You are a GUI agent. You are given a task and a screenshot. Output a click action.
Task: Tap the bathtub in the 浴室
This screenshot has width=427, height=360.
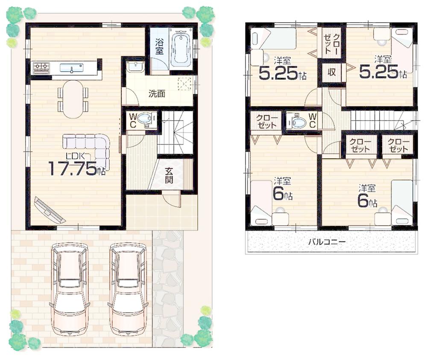coord(181,48)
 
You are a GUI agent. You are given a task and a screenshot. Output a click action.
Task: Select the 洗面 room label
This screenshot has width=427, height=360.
coord(157,94)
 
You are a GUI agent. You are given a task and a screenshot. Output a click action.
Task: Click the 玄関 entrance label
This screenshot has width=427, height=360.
coord(169,174)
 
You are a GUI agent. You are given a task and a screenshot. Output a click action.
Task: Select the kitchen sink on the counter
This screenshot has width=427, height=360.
coord(71,68)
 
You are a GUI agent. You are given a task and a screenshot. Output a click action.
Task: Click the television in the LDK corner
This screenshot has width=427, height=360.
coord(50,210)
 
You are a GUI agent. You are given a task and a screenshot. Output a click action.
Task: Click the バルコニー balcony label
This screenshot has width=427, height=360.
coord(327,242)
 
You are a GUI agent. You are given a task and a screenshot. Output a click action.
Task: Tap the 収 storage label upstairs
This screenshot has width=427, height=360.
coord(331,73)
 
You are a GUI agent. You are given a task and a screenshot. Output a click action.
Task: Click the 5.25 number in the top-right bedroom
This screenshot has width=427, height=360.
coord(378,72)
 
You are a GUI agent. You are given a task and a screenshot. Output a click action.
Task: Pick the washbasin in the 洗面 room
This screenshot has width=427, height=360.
coord(135,67)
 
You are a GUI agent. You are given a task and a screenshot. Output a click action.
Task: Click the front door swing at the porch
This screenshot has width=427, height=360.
coord(172,200)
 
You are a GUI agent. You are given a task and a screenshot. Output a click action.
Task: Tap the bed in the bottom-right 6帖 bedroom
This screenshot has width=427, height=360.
coord(402,203)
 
